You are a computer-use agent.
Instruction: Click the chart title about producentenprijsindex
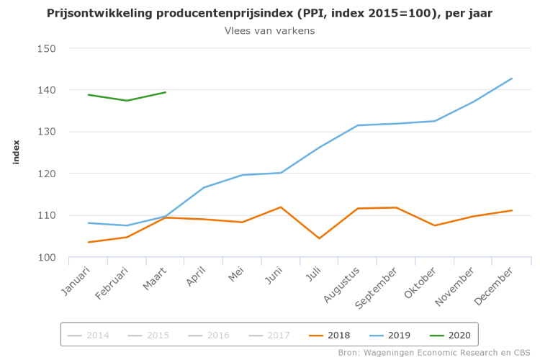tap(269, 14)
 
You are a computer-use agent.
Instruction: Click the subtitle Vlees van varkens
tap(269, 31)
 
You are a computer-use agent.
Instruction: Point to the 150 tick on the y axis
tap(47, 48)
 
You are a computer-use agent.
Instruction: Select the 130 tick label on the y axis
tap(47, 132)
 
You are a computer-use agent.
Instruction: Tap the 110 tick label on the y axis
tap(47, 215)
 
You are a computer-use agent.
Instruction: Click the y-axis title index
tap(16, 152)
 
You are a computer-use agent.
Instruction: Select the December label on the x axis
tap(498, 285)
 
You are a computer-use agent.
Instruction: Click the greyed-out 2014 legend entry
tap(90, 335)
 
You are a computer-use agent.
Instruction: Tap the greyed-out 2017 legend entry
tap(271, 335)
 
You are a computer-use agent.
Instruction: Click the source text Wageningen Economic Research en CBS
tap(437, 353)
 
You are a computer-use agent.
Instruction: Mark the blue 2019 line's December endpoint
tap(512, 78)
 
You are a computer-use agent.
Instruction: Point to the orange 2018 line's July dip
tap(319, 238)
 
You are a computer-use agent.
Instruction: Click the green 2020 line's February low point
tap(127, 101)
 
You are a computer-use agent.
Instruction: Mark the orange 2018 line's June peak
tap(281, 207)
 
